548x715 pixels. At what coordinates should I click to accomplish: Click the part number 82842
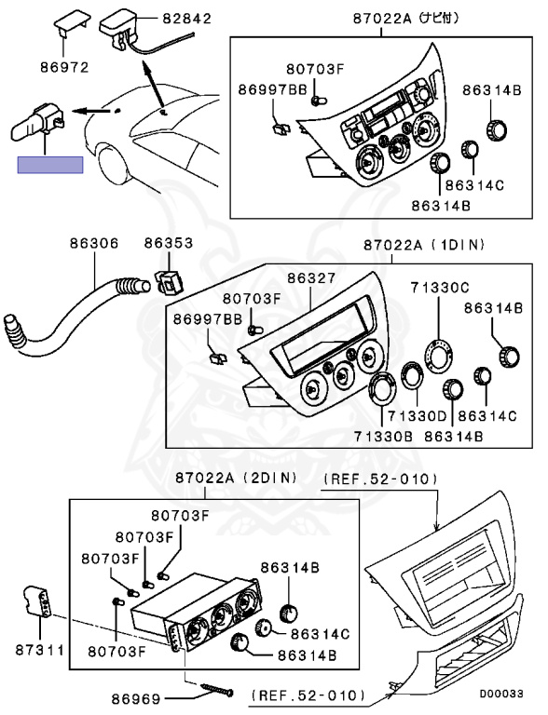point(187,19)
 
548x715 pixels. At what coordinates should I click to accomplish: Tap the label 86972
point(64,67)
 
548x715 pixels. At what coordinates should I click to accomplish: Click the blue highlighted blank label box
point(50,165)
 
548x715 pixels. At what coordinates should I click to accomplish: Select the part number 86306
point(94,243)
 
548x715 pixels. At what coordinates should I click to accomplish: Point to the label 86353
point(169,243)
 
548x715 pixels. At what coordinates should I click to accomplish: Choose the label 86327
point(311,277)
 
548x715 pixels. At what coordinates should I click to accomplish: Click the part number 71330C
point(440,288)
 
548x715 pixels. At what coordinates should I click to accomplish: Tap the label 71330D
point(418,416)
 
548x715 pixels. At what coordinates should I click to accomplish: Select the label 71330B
point(383,437)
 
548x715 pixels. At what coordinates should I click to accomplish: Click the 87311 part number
point(40,650)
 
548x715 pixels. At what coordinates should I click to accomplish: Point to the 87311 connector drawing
point(36,601)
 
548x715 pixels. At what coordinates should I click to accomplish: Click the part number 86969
point(136,698)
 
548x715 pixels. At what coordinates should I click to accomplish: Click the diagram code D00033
point(501,694)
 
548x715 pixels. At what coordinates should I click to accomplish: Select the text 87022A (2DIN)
point(236,478)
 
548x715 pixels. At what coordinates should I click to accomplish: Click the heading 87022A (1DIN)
point(424,245)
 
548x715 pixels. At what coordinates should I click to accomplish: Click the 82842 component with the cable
point(137,34)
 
